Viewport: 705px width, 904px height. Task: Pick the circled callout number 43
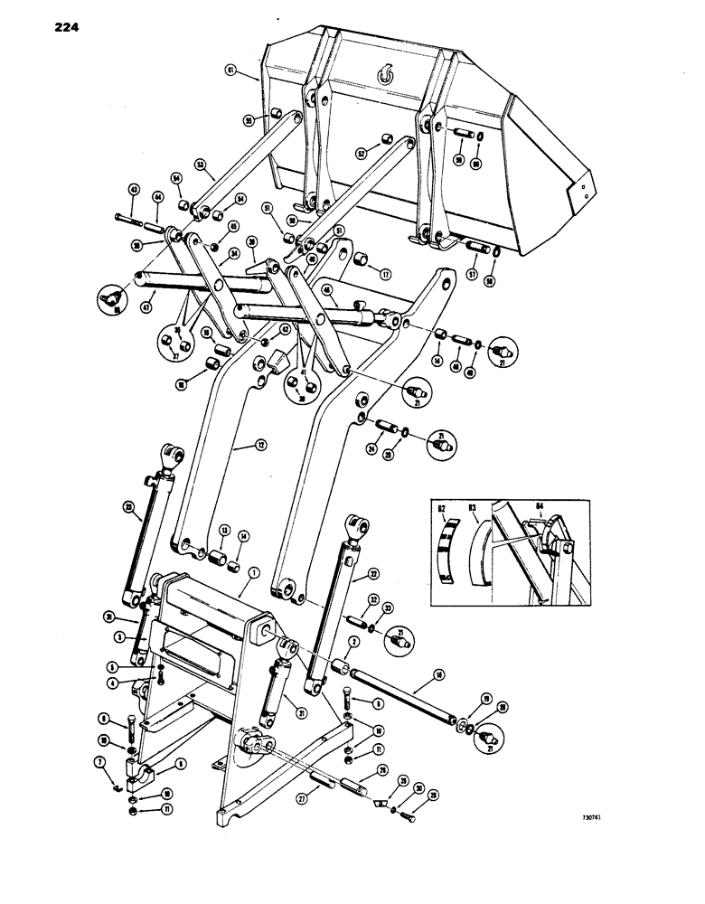(x=133, y=190)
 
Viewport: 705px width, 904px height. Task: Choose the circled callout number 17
(x=386, y=275)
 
